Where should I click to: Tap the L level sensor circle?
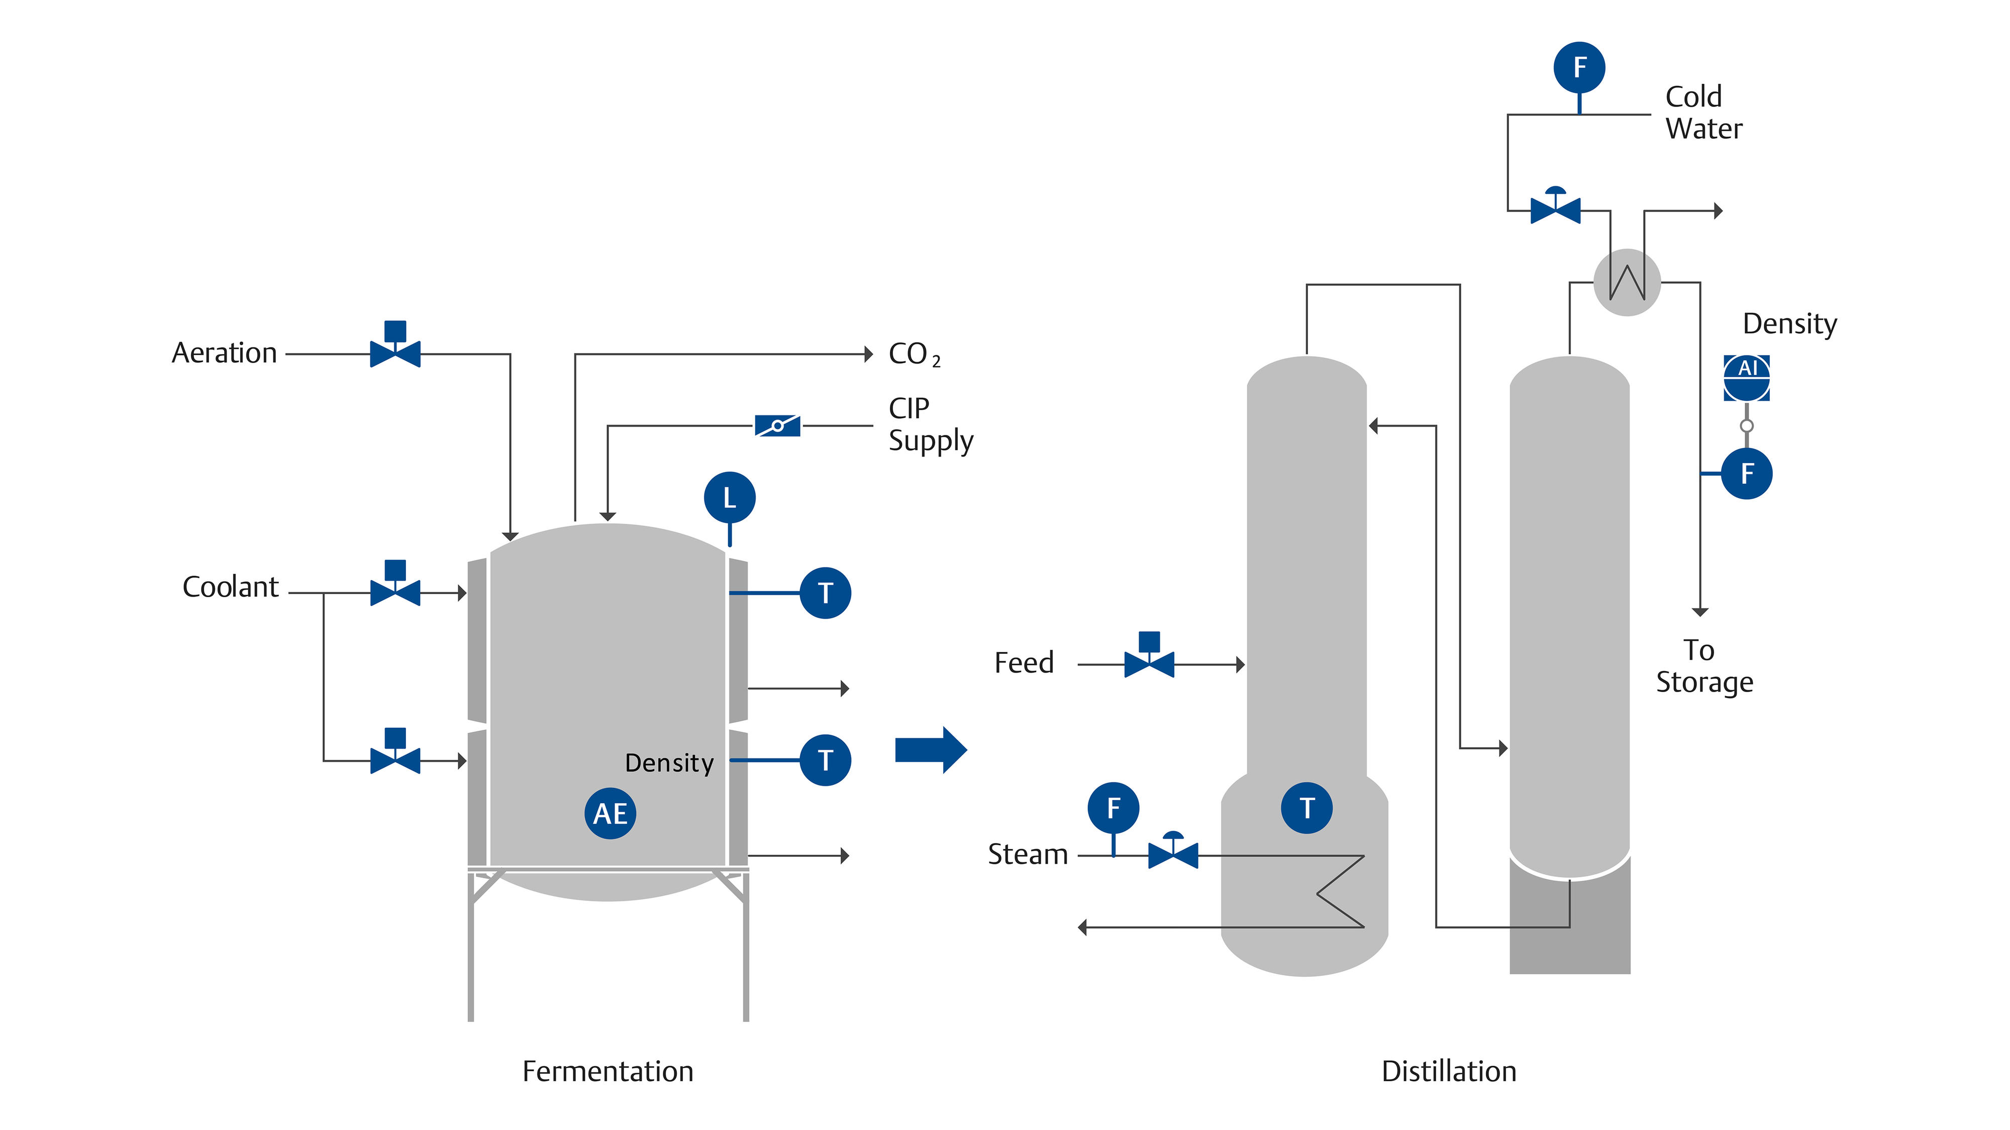coord(730,498)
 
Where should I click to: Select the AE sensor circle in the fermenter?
coord(610,814)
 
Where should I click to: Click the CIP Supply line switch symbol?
coord(777,426)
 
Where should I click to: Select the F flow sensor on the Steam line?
coord(1114,808)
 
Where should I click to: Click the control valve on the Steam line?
coord(1173,852)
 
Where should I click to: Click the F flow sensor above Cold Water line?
coord(1579,67)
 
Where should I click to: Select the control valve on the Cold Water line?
coord(1555,206)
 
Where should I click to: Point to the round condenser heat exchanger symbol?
coord(1627,282)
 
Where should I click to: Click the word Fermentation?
coord(608,1072)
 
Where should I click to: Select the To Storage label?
coord(1704,666)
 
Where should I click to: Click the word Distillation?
coord(1449,1072)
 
